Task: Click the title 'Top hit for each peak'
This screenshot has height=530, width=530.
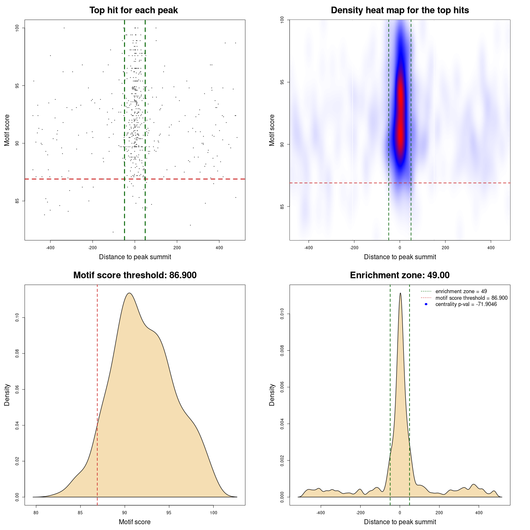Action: (x=134, y=10)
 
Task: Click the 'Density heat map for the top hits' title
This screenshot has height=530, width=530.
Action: (x=400, y=10)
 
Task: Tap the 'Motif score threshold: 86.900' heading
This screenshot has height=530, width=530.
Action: (x=135, y=275)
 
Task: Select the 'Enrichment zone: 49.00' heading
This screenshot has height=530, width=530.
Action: (x=400, y=275)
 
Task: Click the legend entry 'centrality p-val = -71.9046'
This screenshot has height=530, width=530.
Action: (x=466, y=304)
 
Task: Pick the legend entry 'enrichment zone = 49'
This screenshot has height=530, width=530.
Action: (x=461, y=291)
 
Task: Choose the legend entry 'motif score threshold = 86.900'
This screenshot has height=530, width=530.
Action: (x=471, y=298)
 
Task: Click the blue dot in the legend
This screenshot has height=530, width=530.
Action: (x=426, y=304)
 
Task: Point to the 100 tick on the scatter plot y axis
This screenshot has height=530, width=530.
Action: (x=17, y=28)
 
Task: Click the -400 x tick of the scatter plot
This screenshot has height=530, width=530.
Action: (x=51, y=248)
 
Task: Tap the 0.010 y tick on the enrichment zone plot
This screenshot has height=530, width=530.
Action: (x=282, y=314)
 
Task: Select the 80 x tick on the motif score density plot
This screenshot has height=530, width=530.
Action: (x=36, y=513)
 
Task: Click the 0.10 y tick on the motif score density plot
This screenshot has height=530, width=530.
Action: (x=17, y=318)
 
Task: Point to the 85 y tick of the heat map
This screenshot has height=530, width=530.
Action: (x=282, y=206)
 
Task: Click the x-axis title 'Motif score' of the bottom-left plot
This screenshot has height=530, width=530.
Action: (x=135, y=522)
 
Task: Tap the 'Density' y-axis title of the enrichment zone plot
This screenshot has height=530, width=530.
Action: (x=272, y=395)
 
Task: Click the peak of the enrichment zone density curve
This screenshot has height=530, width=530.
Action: (x=400, y=293)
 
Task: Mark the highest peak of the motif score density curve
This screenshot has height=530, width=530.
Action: (x=129, y=293)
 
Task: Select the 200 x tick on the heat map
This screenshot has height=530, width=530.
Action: (x=445, y=248)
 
